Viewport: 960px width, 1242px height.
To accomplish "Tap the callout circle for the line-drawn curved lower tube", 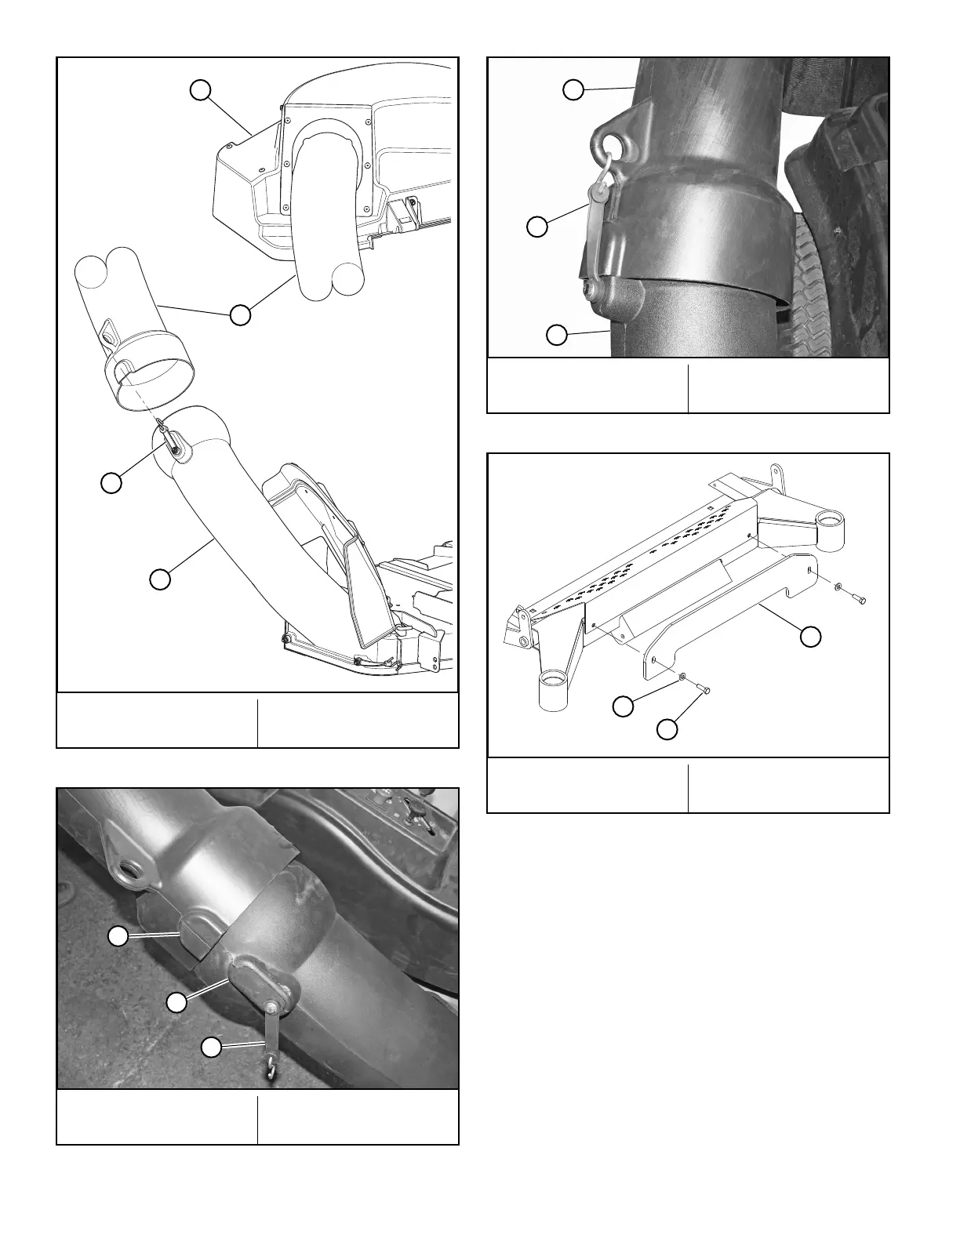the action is tap(160, 579).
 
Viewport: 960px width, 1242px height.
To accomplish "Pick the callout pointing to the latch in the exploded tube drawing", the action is tap(111, 482).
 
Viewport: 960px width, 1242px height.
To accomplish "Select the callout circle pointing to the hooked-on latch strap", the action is tap(537, 227).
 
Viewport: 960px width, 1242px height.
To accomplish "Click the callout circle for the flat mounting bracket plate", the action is tap(810, 637).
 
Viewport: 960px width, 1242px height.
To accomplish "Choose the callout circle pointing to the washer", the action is tap(624, 706).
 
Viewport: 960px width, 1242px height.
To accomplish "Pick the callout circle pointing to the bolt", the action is tap(667, 729).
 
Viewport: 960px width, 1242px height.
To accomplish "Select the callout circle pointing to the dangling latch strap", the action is tap(211, 1046).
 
